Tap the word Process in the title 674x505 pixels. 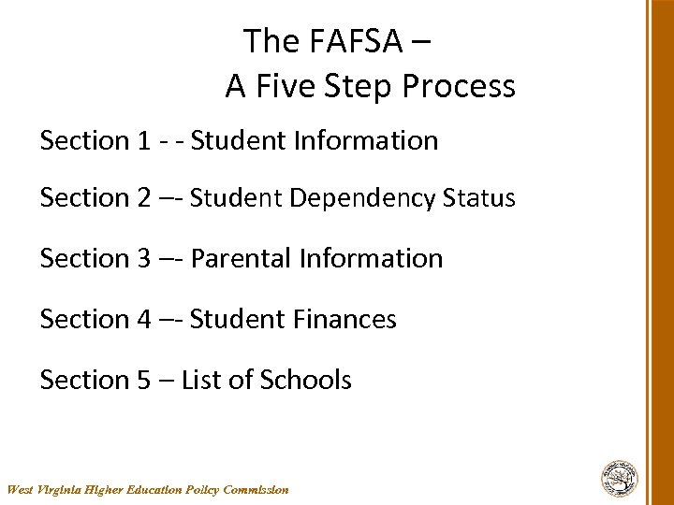click(459, 86)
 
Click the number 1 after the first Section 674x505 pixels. click(143, 141)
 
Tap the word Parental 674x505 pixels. click(241, 258)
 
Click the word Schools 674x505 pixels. click(305, 381)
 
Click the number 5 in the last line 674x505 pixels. click(144, 381)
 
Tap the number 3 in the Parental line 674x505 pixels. click(144, 258)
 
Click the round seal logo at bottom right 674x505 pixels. click(619, 477)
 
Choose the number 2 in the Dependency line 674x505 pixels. click(144, 198)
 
